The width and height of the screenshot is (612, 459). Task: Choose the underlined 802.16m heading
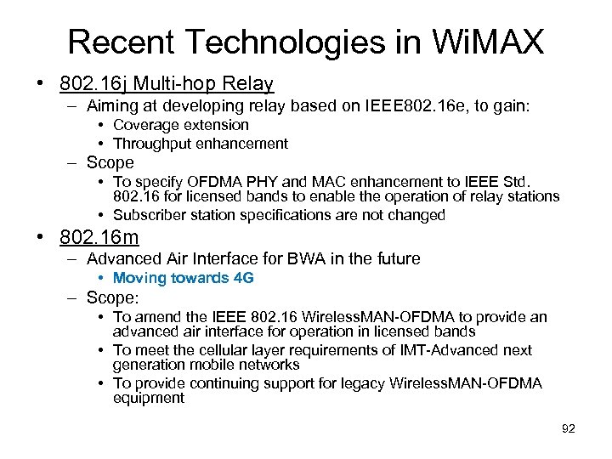pos(95,237)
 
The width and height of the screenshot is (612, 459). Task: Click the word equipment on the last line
pos(149,398)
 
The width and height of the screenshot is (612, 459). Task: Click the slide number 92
pos(569,429)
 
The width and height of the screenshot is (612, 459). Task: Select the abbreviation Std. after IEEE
pos(511,181)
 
